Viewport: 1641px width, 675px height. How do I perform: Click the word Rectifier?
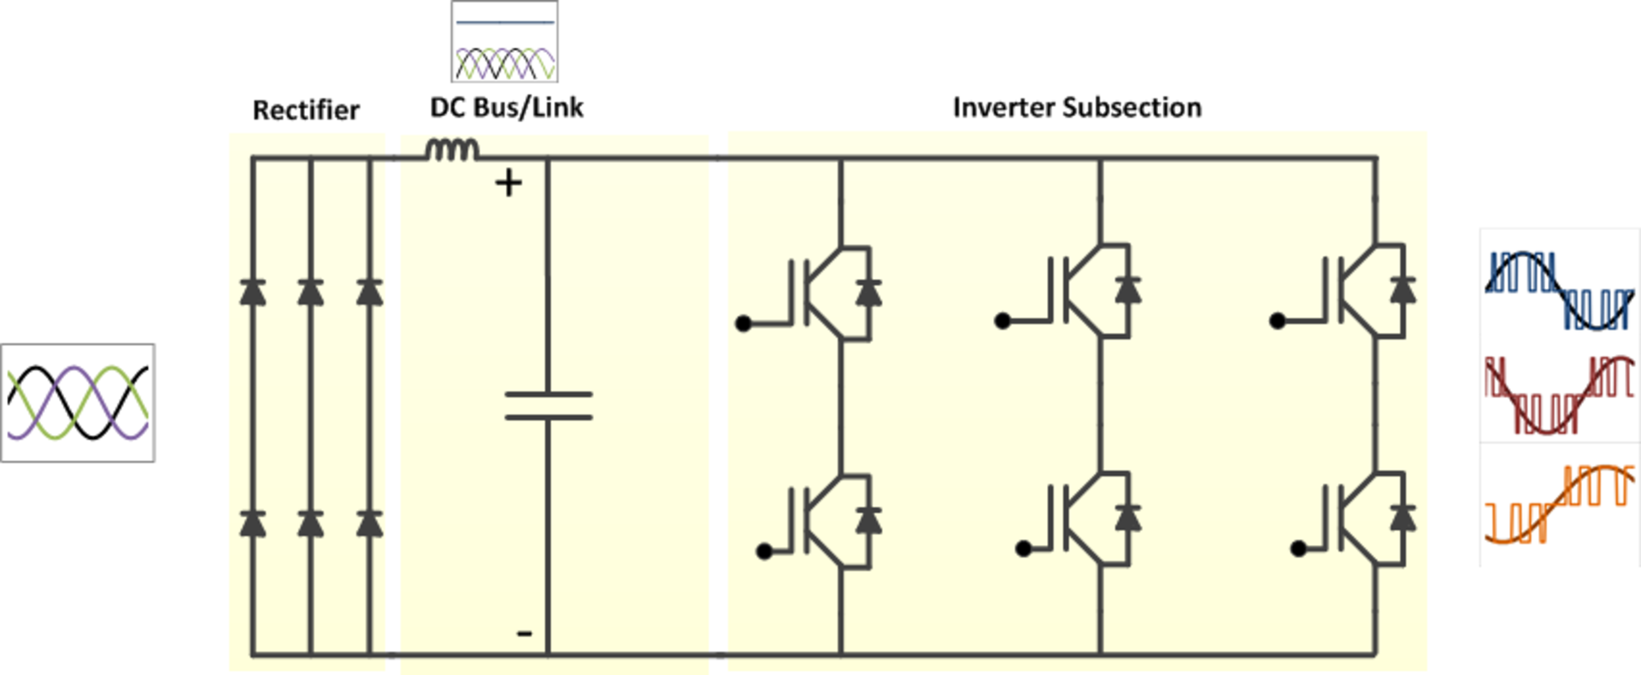coord(306,110)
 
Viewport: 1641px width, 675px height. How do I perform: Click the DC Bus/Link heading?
coord(506,108)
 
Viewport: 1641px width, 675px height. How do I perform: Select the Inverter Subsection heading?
coord(1076,108)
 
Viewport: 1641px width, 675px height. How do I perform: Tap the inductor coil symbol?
coord(452,151)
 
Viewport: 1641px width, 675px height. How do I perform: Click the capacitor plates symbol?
coord(548,406)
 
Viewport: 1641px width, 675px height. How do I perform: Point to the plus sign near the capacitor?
coord(509,183)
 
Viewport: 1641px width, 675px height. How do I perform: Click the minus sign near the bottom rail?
coord(524,633)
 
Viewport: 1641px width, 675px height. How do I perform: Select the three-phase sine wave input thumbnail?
coord(78,403)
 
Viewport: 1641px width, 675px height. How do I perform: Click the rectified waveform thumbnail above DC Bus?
coord(504,41)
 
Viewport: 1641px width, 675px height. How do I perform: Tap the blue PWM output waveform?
coord(1559,291)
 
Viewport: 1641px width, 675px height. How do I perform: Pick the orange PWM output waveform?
coord(1559,506)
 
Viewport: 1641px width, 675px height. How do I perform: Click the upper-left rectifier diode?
coord(252,293)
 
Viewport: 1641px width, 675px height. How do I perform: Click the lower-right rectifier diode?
coord(369,523)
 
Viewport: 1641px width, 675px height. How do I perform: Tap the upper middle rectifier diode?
coord(310,293)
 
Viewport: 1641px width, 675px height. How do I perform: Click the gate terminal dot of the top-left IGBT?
coord(744,323)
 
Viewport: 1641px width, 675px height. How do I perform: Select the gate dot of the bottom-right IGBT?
coord(1297,549)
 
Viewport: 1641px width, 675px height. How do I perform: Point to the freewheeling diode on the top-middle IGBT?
coord(1127,291)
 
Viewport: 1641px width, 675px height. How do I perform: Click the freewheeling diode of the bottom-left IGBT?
coord(868,520)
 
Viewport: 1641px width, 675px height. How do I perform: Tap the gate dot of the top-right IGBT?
coord(1277,322)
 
